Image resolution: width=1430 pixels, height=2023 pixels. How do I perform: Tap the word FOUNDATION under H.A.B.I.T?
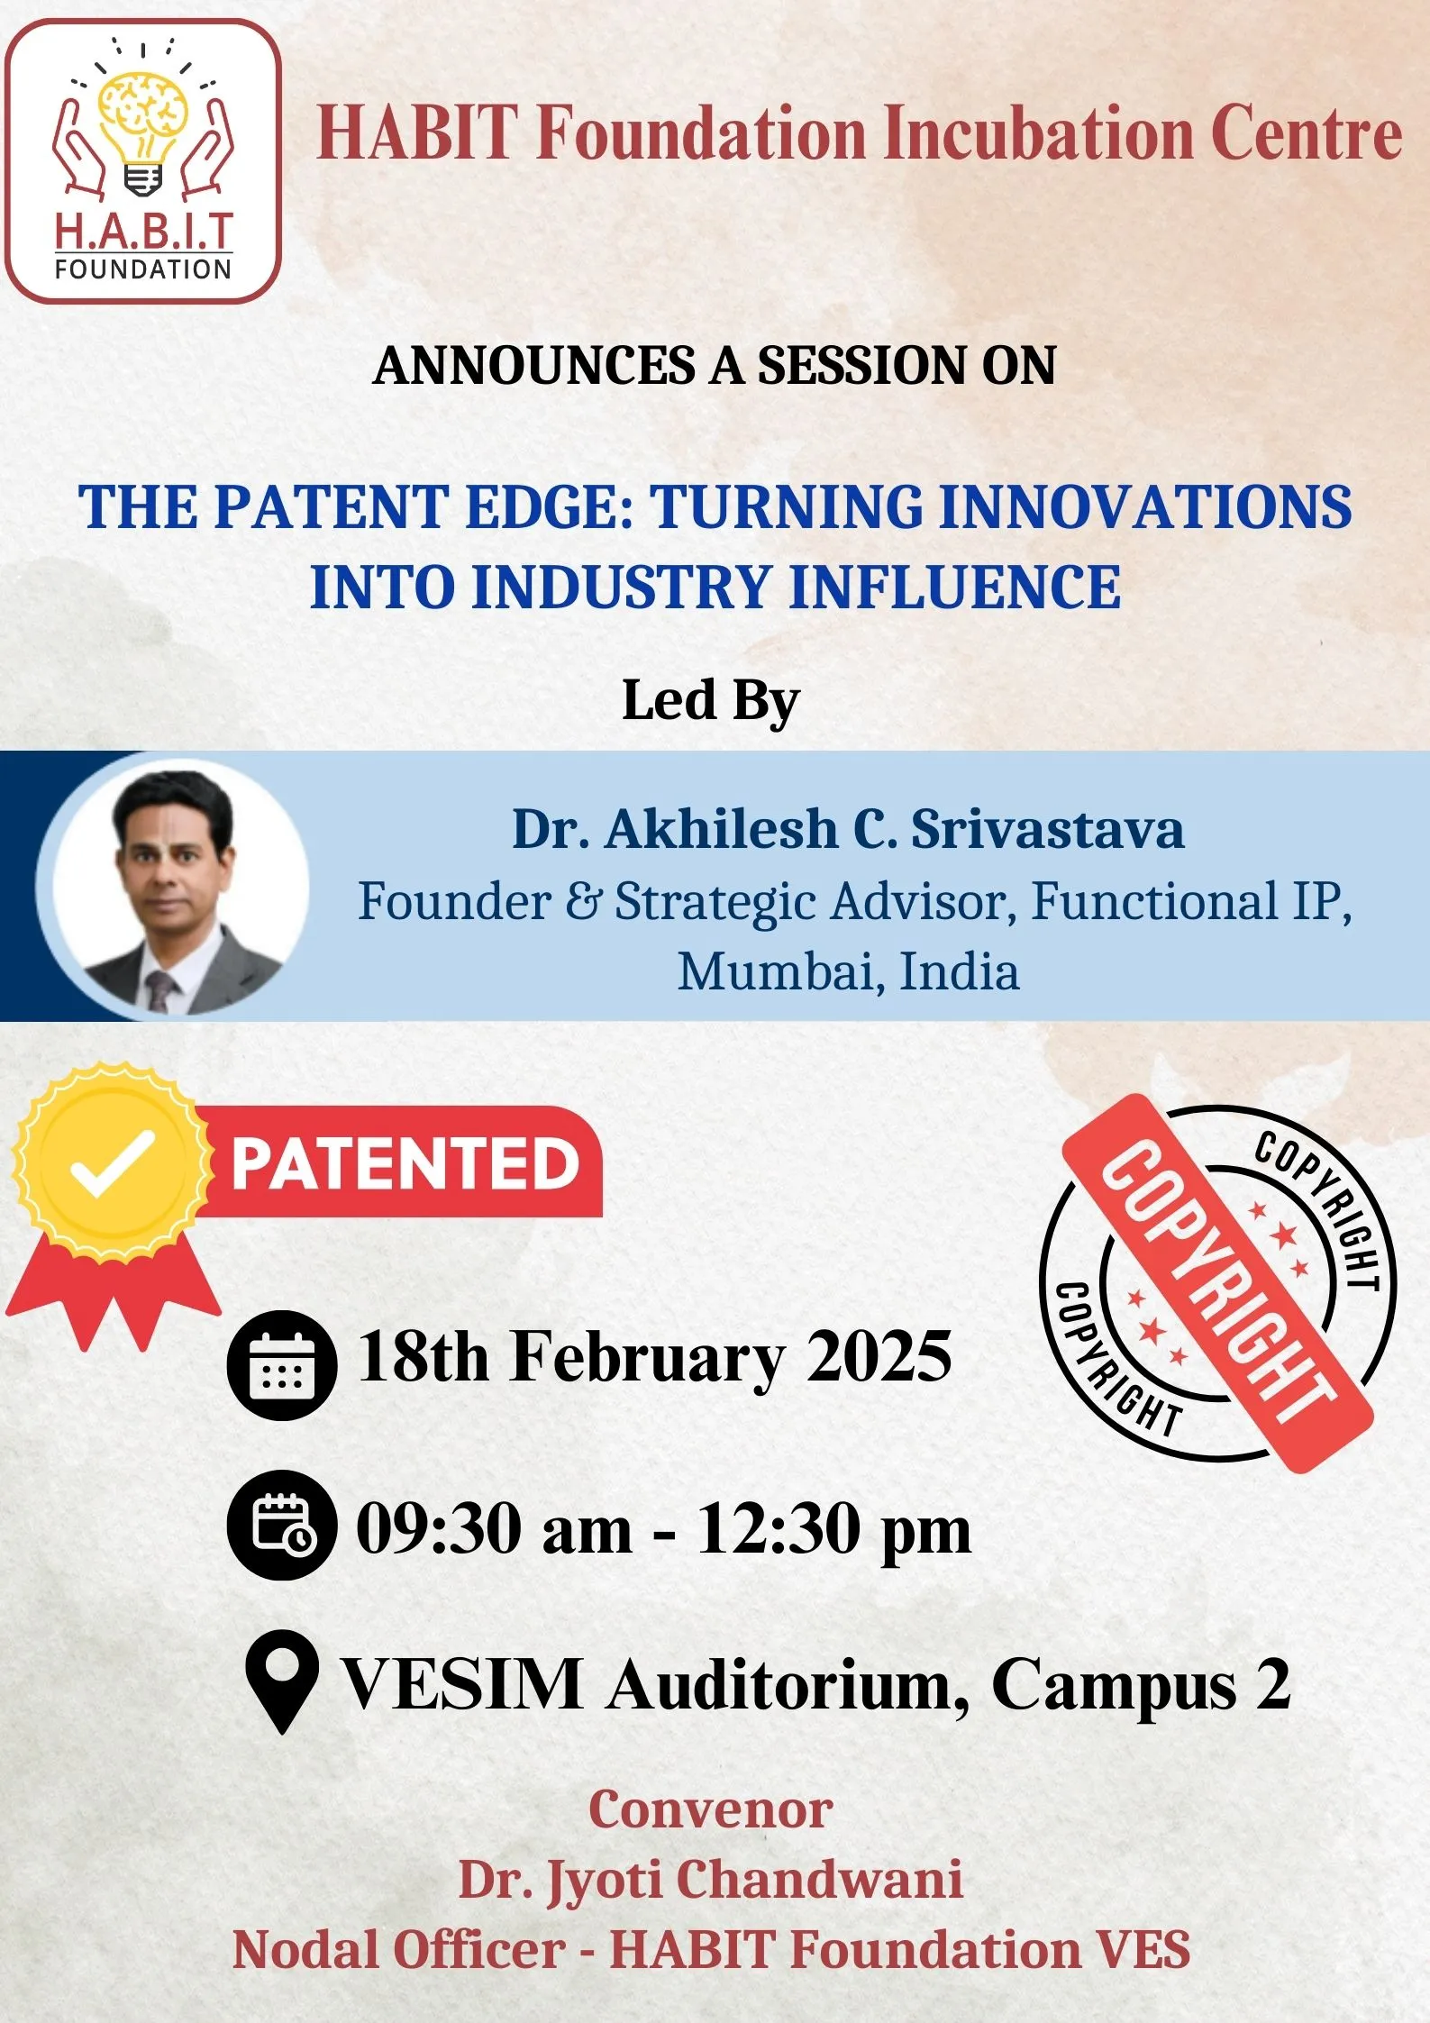click(143, 269)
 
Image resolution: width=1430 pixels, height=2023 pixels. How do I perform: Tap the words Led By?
click(710, 702)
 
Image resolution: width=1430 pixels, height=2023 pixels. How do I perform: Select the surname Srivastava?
click(1047, 829)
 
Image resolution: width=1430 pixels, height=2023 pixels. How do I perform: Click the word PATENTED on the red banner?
click(405, 1163)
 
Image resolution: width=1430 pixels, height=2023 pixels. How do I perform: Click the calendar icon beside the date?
click(282, 1366)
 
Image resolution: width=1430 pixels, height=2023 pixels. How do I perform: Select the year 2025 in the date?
click(879, 1357)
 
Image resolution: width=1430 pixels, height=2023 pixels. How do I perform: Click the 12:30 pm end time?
click(834, 1530)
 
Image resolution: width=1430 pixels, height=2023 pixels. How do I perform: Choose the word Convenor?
click(711, 1809)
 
